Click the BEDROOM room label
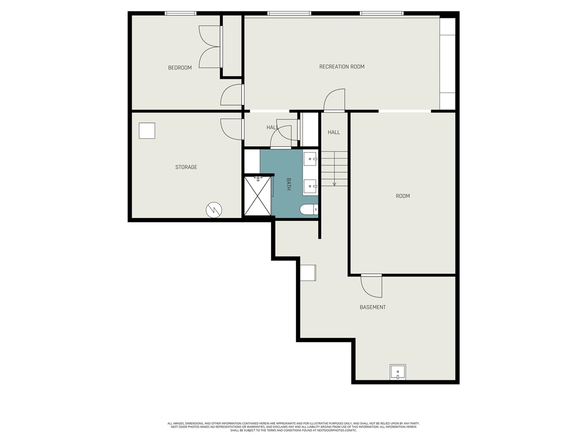[x=180, y=68]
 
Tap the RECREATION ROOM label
[x=342, y=67]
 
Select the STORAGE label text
[x=186, y=167]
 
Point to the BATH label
[x=288, y=184]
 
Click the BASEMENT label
[x=372, y=307]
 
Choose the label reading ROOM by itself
[x=403, y=196]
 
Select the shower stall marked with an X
[x=257, y=196]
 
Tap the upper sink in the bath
[x=310, y=159]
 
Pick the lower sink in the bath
[x=310, y=187]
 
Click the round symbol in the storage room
[x=214, y=210]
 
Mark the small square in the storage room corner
[x=147, y=131]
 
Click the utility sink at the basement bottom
[x=398, y=372]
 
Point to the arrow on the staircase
[x=334, y=184]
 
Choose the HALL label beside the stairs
[x=334, y=132]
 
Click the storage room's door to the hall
[x=231, y=129]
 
